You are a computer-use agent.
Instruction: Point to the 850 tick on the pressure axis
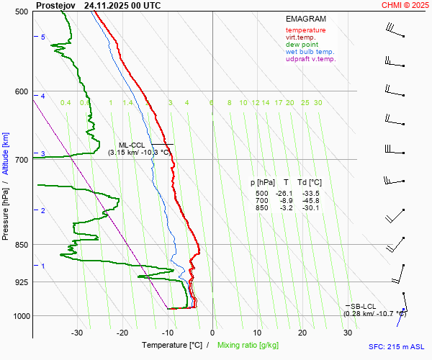[x=21, y=245]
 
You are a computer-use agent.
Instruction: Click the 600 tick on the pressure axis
[x=21, y=91]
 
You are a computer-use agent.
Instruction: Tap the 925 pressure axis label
[x=21, y=282]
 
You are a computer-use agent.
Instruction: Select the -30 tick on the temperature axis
[x=77, y=333]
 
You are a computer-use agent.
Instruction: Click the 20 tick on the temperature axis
[x=302, y=333]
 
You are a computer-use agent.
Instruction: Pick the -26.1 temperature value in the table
[x=286, y=194]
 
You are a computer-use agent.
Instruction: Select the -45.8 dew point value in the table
[x=310, y=201]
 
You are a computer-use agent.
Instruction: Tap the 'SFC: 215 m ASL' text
[x=396, y=346]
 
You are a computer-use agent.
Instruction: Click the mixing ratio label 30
[x=318, y=103]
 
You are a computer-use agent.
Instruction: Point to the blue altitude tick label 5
[x=43, y=37]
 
